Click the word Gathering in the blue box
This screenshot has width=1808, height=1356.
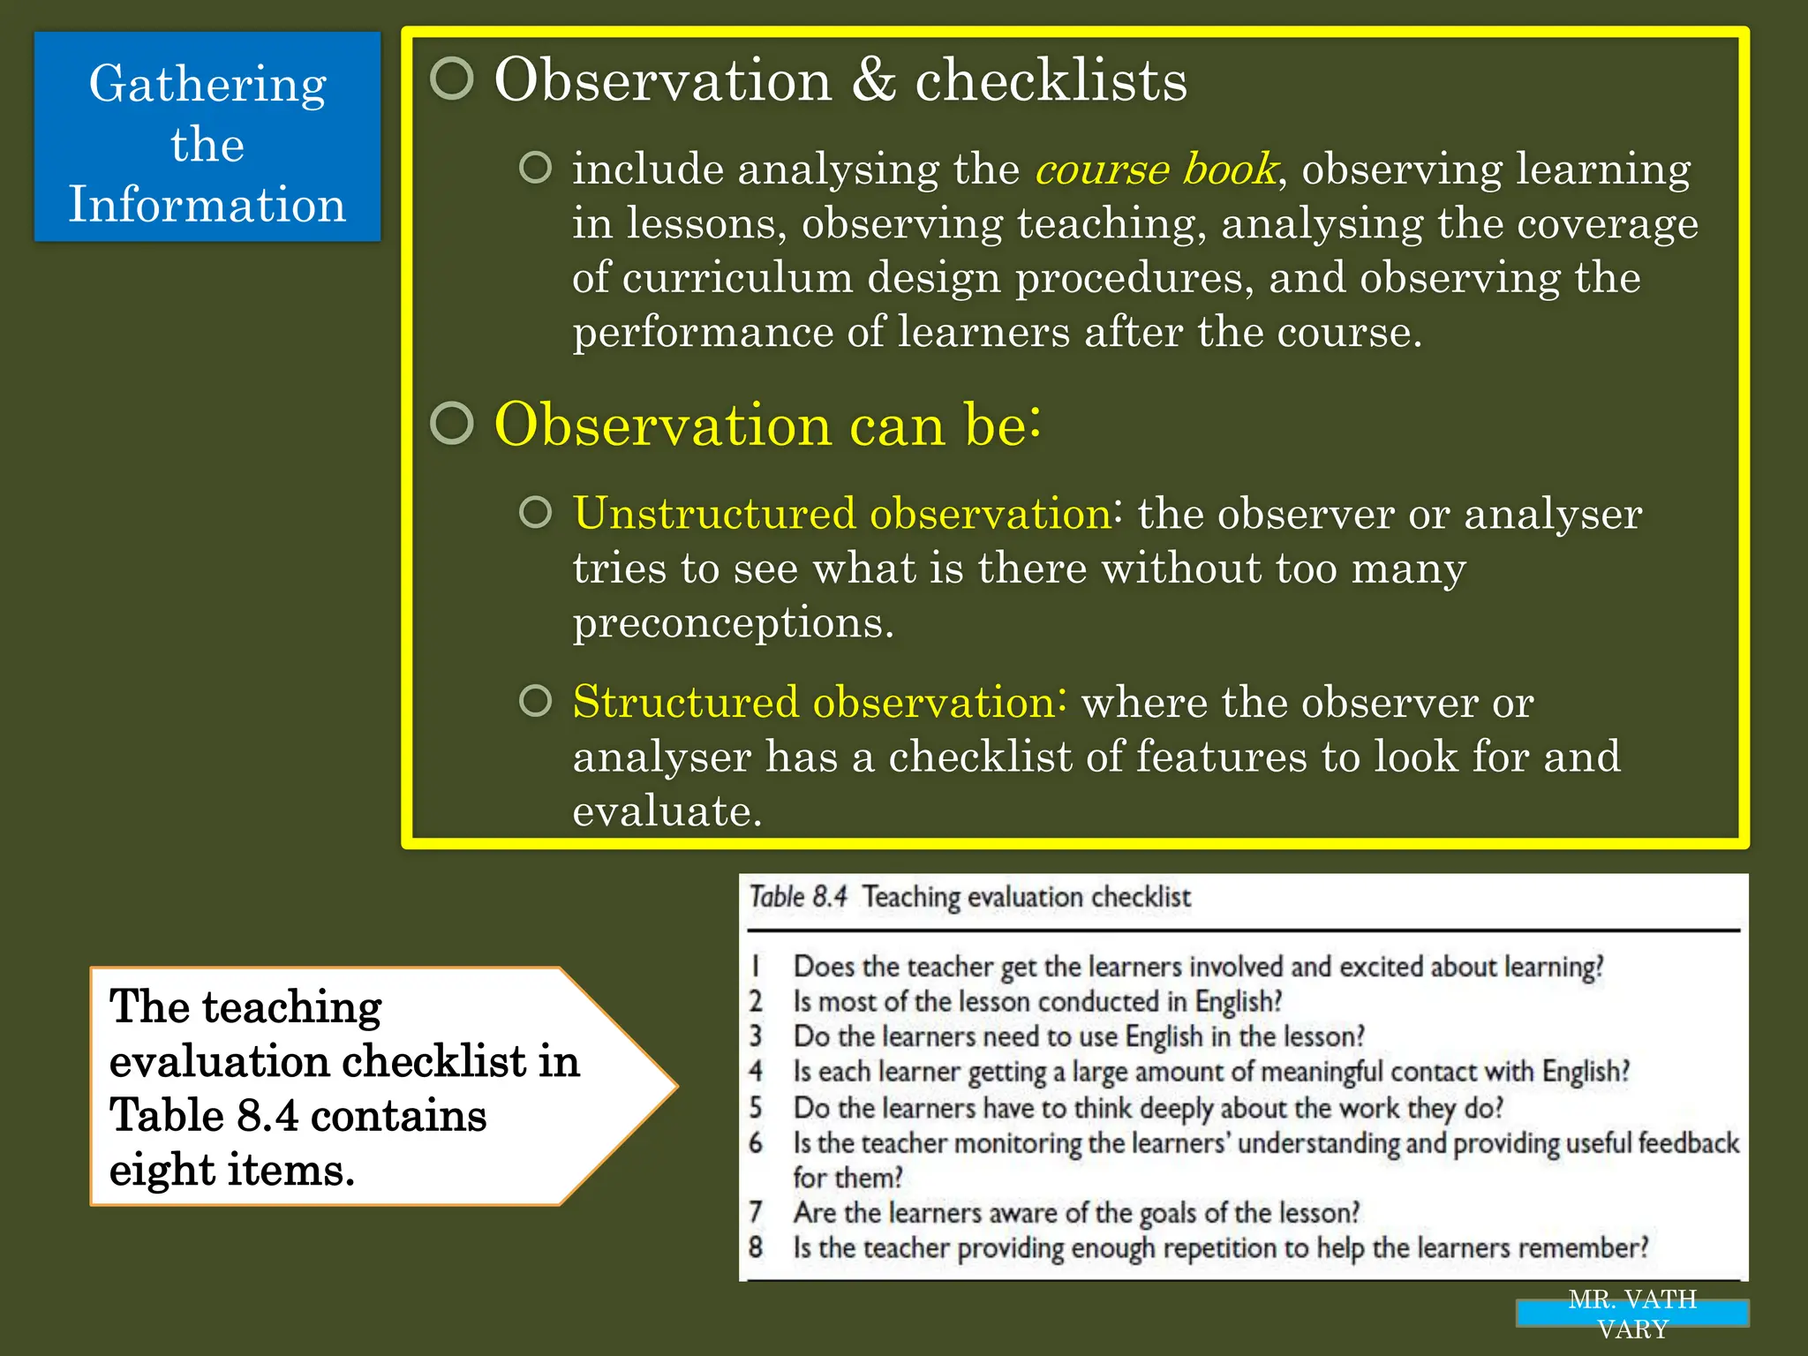[x=207, y=86]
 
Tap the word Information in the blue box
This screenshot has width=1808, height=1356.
[x=207, y=205]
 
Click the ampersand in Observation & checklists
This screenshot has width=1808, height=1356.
[x=873, y=80]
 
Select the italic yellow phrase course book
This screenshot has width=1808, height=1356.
[x=1156, y=169]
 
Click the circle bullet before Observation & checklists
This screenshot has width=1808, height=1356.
[x=452, y=79]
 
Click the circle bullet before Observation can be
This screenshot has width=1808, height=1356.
[x=452, y=423]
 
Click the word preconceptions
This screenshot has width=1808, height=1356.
[x=733, y=622]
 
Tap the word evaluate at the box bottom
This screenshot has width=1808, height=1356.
[x=666, y=810]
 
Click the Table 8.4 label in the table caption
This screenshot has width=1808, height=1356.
[x=797, y=897]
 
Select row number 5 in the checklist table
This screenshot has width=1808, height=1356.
[x=756, y=1107]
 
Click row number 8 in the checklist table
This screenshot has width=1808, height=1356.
[x=756, y=1247]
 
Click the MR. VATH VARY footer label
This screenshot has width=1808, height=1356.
[x=1632, y=1314]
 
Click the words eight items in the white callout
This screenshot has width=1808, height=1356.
[x=231, y=1171]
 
